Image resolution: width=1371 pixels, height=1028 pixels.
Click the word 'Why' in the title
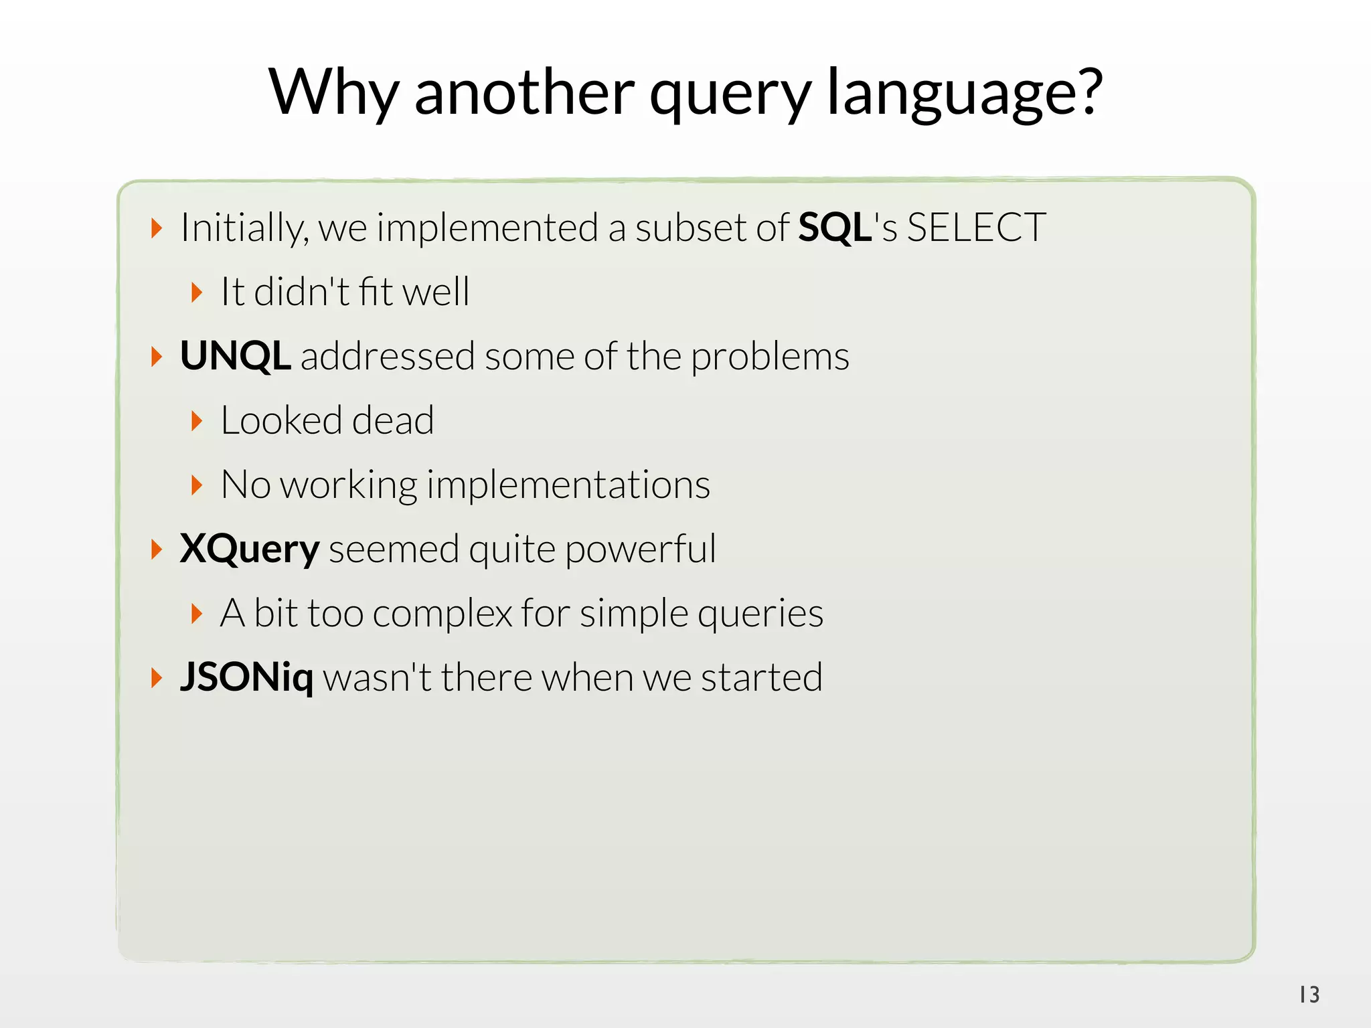pos(334,92)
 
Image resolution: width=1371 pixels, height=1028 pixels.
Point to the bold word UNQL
pos(235,356)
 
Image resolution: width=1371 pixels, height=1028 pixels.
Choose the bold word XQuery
pos(250,550)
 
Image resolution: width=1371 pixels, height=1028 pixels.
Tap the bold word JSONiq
pos(246,677)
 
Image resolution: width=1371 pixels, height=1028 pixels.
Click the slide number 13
pos(1309,995)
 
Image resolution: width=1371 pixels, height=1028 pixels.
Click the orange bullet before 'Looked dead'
pos(196,421)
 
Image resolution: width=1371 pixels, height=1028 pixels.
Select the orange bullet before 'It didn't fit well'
pos(196,292)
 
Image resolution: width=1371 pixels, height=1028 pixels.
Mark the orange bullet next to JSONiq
pos(157,678)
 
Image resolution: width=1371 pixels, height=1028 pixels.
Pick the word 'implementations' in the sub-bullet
pos(568,485)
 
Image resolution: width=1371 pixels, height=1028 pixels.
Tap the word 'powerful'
pos(640,550)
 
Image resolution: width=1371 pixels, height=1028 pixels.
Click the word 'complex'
pos(442,614)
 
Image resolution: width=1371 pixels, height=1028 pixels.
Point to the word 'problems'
pos(770,357)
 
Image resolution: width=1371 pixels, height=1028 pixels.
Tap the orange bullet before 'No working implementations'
pos(196,485)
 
